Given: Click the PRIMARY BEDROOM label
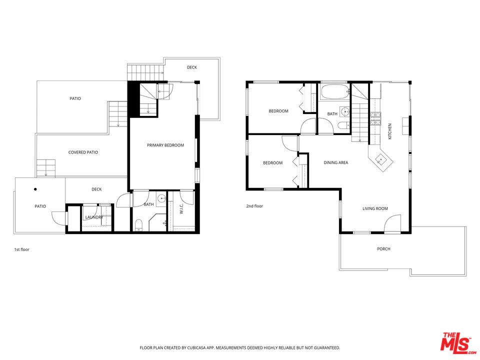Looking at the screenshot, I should (165, 145).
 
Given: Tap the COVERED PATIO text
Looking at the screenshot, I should (83, 152).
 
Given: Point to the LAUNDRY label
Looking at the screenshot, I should (93, 217).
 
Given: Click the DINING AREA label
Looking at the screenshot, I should (335, 162).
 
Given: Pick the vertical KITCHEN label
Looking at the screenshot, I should (390, 131).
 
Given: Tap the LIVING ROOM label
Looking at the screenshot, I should (375, 208).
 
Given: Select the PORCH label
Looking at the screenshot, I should (383, 249).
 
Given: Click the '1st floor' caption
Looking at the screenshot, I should (21, 249).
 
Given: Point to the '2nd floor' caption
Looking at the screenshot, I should (254, 206).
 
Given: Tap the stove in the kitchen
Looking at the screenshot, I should (375, 118).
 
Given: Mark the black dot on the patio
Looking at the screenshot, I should (35, 189).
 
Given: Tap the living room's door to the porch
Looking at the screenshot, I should (393, 223).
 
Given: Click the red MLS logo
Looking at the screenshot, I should (455, 343).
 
